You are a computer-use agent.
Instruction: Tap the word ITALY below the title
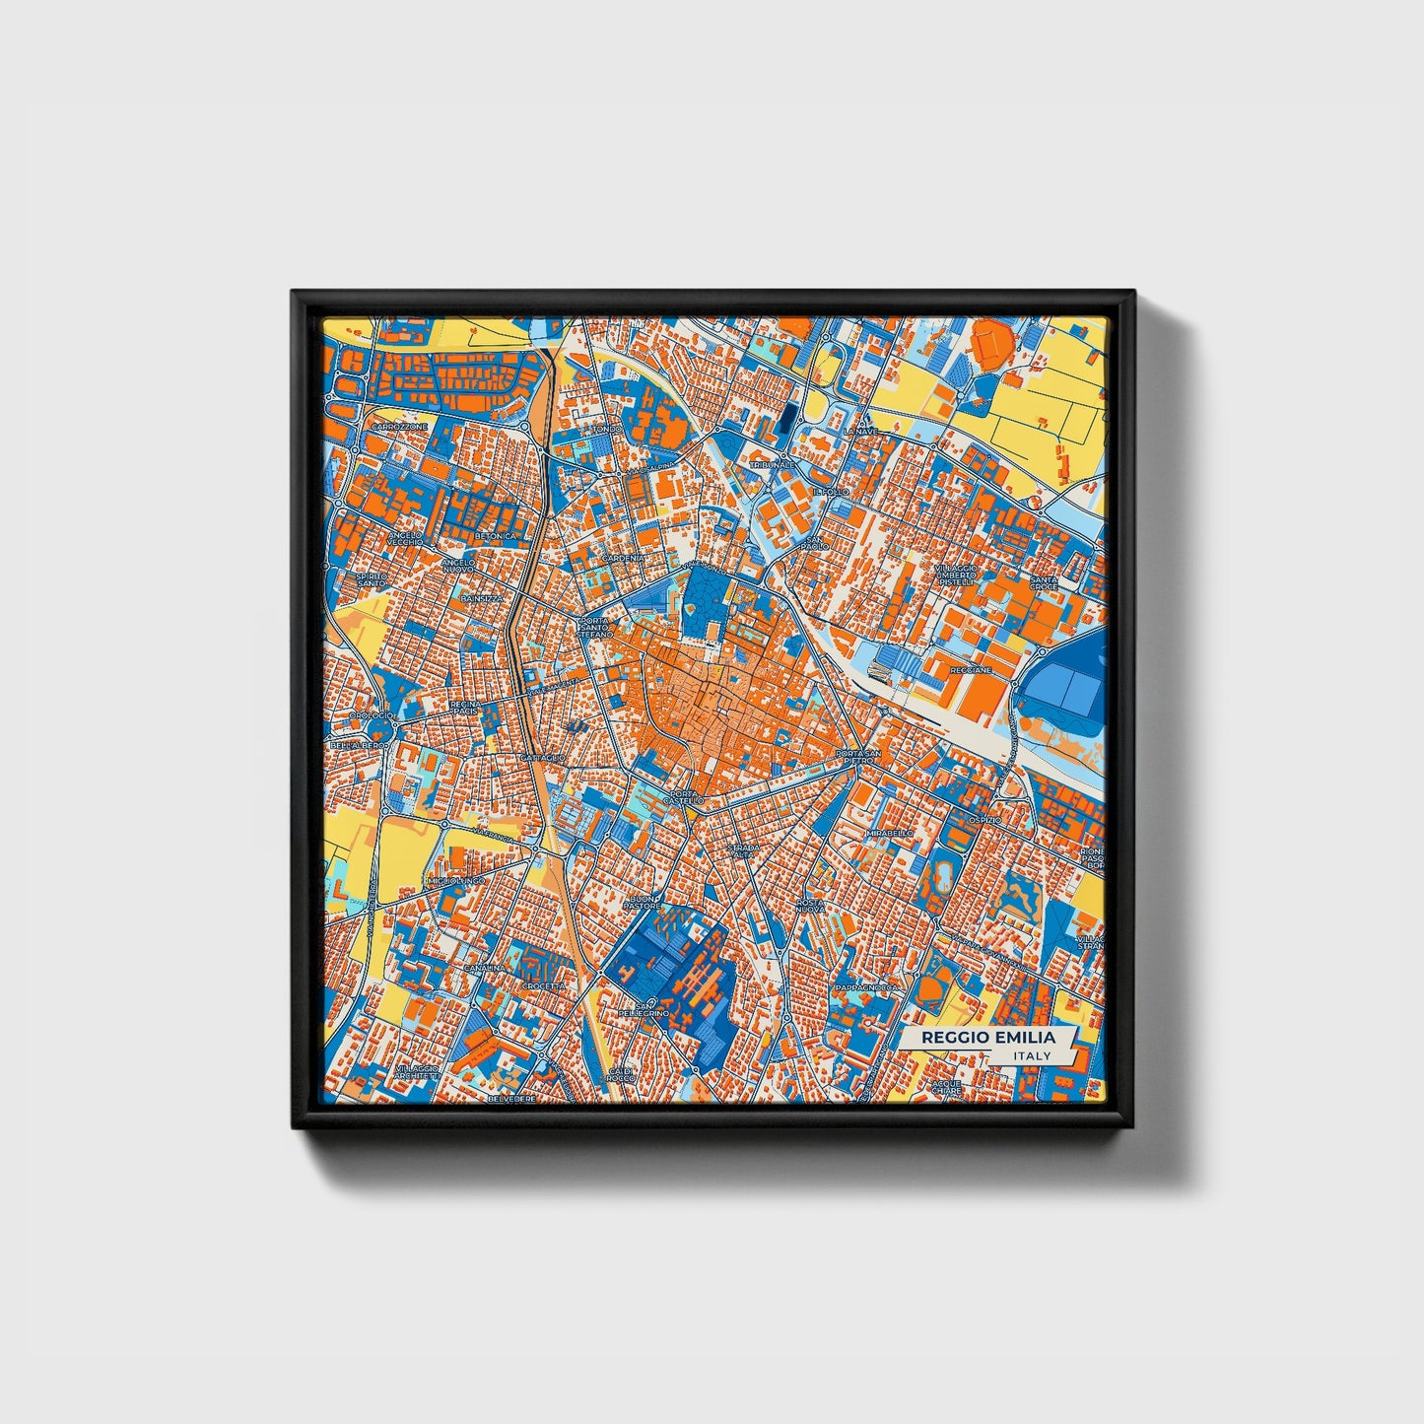[1032, 1055]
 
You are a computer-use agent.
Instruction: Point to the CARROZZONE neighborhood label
[400, 427]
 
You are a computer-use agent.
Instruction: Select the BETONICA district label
[495, 536]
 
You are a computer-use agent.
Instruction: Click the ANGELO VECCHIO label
[405, 538]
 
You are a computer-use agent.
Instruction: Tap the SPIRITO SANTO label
[372, 580]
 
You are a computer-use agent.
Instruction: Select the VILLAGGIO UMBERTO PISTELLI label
[956, 575]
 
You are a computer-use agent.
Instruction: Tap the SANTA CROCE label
[1044, 583]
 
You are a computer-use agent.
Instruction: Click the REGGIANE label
[971, 670]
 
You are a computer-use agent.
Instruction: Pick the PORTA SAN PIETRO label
[854, 757]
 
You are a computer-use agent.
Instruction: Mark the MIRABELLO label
[890, 833]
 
